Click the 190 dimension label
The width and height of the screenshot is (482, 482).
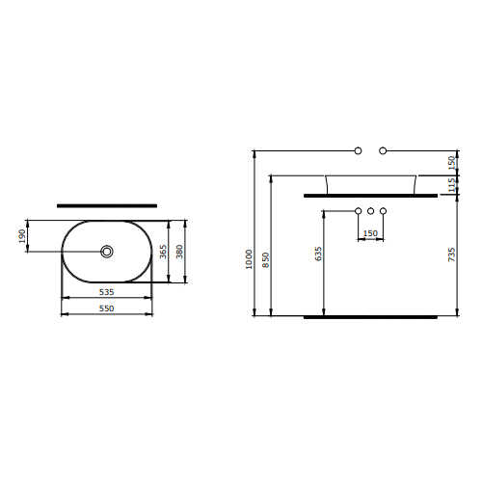[x=22, y=236]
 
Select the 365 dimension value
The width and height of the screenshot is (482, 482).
[x=163, y=252]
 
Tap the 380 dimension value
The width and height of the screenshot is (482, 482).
[x=179, y=252]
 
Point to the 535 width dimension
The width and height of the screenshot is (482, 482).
[x=106, y=292]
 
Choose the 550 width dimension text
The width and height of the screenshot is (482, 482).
[x=106, y=308]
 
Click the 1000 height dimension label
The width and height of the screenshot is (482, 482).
[x=249, y=259]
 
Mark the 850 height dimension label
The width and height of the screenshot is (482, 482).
[x=265, y=259]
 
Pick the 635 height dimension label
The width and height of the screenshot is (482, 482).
[x=318, y=254]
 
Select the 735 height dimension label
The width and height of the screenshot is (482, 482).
[x=451, y=254]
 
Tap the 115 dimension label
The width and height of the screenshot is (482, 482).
[x=451, y=185]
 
